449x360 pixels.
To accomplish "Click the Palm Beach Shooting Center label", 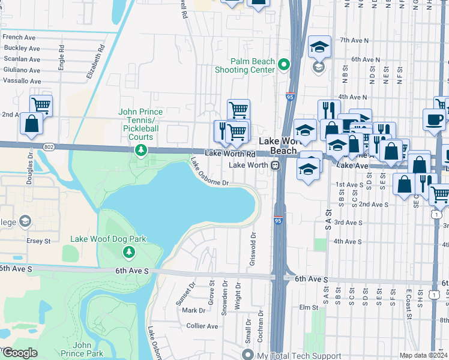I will (245, 65).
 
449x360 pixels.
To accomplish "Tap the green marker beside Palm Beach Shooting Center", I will (285, 65).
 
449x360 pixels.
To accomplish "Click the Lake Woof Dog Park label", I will (108, 239).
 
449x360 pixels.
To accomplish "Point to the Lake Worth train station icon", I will (275, 165).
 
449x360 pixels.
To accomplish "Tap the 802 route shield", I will (49, 146).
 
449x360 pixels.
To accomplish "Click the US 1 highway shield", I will (436, 214).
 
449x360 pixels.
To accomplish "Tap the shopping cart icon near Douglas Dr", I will (41, 106).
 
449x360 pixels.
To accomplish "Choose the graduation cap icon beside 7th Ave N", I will (319, 46).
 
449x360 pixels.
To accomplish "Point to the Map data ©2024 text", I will (424, 355).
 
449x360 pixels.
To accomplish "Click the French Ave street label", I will (21, 37).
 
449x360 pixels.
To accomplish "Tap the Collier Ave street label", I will (202, 326).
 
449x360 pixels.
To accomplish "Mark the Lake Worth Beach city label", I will (278, 146).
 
